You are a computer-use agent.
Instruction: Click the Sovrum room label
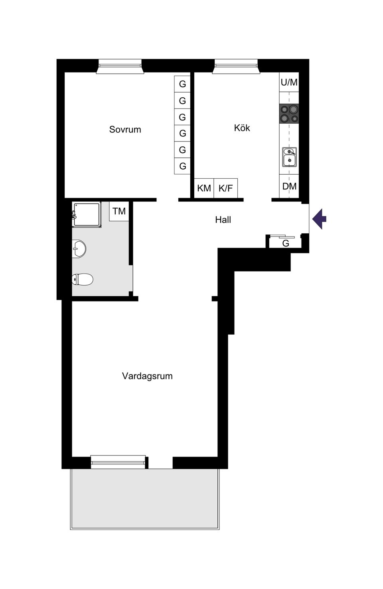point(125,130)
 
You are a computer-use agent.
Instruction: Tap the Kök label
point(242,128)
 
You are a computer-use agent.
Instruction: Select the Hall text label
point(223,220)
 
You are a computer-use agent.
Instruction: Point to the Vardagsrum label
point(147,376)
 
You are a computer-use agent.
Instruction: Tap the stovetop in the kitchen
point(289,113)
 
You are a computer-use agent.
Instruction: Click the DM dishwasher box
point(289,186)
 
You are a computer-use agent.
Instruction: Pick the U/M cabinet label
point(289,83)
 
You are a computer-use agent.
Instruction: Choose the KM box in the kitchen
point(204,188)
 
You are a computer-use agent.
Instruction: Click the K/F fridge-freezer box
point(225,188)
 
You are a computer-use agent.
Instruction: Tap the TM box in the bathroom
point(119,211)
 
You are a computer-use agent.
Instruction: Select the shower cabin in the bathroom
point(87,215)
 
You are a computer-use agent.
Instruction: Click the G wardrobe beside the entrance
point(285,243)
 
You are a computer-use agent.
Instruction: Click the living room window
point(118,462)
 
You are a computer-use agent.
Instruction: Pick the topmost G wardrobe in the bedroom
point(182,84)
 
